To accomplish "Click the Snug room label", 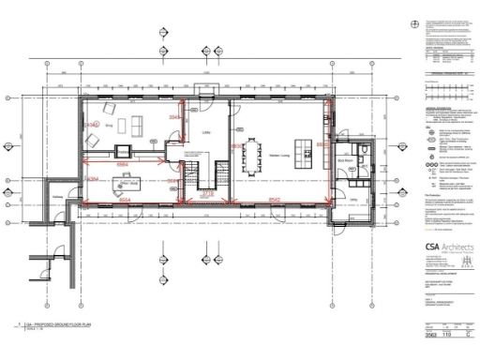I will coord(109,124).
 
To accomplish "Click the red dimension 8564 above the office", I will coord(122,163).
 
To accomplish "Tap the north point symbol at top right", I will coord(412,23).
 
